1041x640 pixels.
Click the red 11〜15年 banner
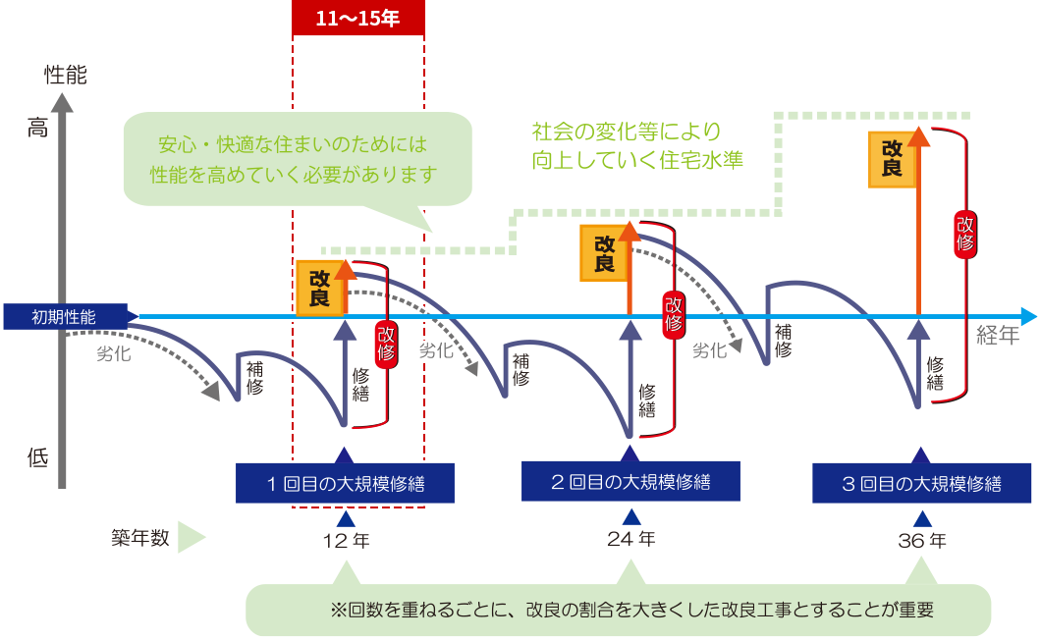pos(358,19)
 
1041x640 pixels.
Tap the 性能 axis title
pos(66,75)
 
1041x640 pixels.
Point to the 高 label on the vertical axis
pos(37,127)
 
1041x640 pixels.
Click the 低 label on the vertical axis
pos(37,456)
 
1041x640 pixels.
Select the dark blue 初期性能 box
pos(65,316)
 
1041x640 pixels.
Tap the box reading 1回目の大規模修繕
pos(345,483)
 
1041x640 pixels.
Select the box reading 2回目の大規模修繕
pos(630,482)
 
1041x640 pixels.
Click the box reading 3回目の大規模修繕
pos(921,483)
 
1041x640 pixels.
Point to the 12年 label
pos(345,541)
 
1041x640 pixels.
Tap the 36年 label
pos(922,540)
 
